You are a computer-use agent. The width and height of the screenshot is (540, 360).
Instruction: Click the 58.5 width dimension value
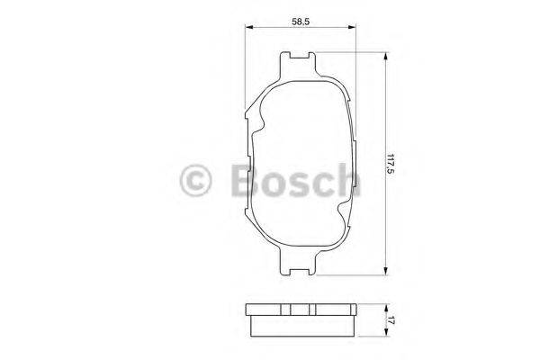point(301,17)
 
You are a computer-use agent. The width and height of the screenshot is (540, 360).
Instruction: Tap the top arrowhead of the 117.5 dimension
point(387,57)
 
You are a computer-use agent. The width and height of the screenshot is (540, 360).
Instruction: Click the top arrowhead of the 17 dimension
point(387,304)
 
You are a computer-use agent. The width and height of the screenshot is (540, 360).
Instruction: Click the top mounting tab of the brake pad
point(298,61)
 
